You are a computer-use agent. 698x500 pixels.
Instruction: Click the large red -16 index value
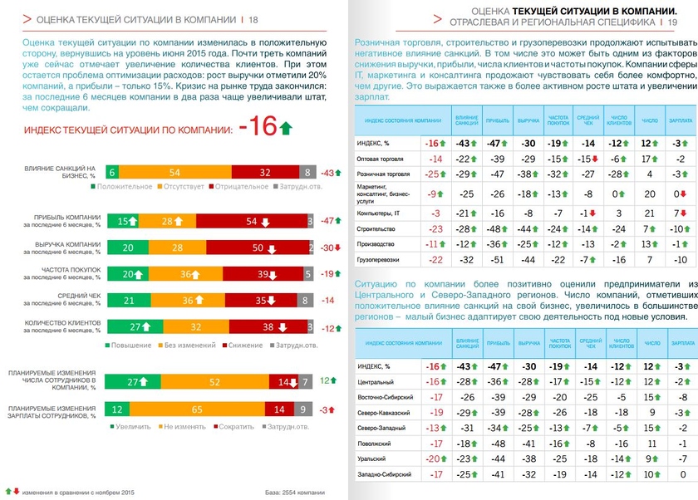[x=257, y=127]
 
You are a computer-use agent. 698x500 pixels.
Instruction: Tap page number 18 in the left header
[x=253, y=19]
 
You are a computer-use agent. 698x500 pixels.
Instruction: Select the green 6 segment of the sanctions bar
[x=111, y=172]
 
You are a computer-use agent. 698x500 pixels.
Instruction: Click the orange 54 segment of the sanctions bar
[x=175, y=172]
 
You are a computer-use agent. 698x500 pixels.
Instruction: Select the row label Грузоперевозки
[x=379, y=260]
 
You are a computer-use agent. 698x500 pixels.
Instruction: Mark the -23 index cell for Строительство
[x=434, y=228]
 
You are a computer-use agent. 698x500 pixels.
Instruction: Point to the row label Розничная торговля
[x=383, y=174]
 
